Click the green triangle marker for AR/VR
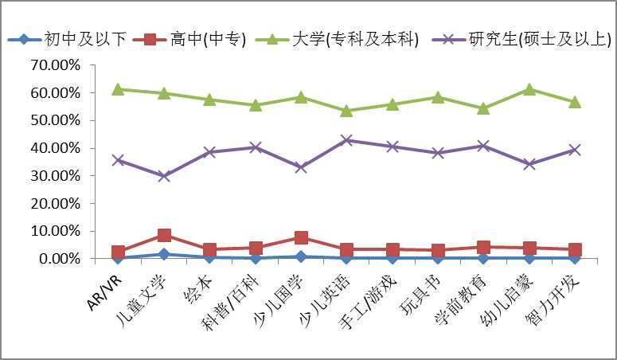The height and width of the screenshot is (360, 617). pyautogui.click(x=118, y=89)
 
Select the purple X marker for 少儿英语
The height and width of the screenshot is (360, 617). pyautogui.click(x=346, y=140)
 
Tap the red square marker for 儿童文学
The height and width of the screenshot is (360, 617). pyautogui.click(x=164, y=235)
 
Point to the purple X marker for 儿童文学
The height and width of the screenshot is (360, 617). pyautogui.click(x=164, y=176)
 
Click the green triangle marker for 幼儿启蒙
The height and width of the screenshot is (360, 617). pyautogui.click(x=529, y=89)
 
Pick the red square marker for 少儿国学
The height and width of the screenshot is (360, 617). pyautogui.click(x=301, y=237)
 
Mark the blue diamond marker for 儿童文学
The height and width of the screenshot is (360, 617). pyautogui.click(x=164, y=254)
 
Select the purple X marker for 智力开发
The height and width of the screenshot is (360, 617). pyautogui.click(x=574, y=150)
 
